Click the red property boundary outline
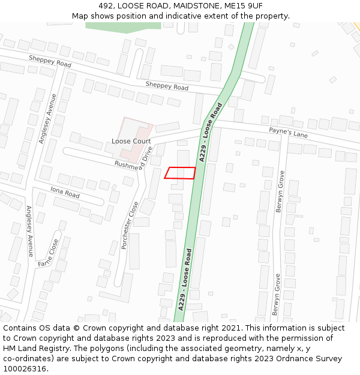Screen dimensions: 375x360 (x=180, y=173)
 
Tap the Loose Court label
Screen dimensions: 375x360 (x=130, y=142)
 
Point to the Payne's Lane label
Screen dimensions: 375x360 (x=288, y=133)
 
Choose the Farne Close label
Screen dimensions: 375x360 (x=49, y=254)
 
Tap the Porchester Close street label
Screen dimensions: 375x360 (x=130, y=225)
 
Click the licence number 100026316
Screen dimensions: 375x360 (x=25, y=369)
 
